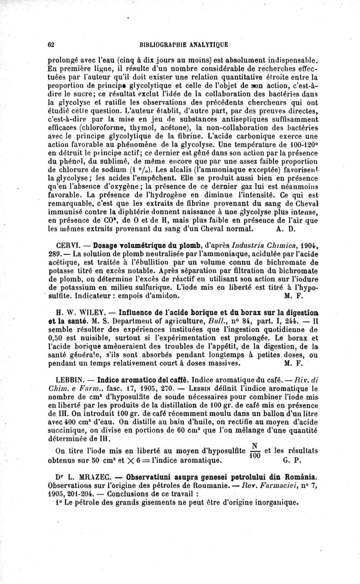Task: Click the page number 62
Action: click(51, 45)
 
